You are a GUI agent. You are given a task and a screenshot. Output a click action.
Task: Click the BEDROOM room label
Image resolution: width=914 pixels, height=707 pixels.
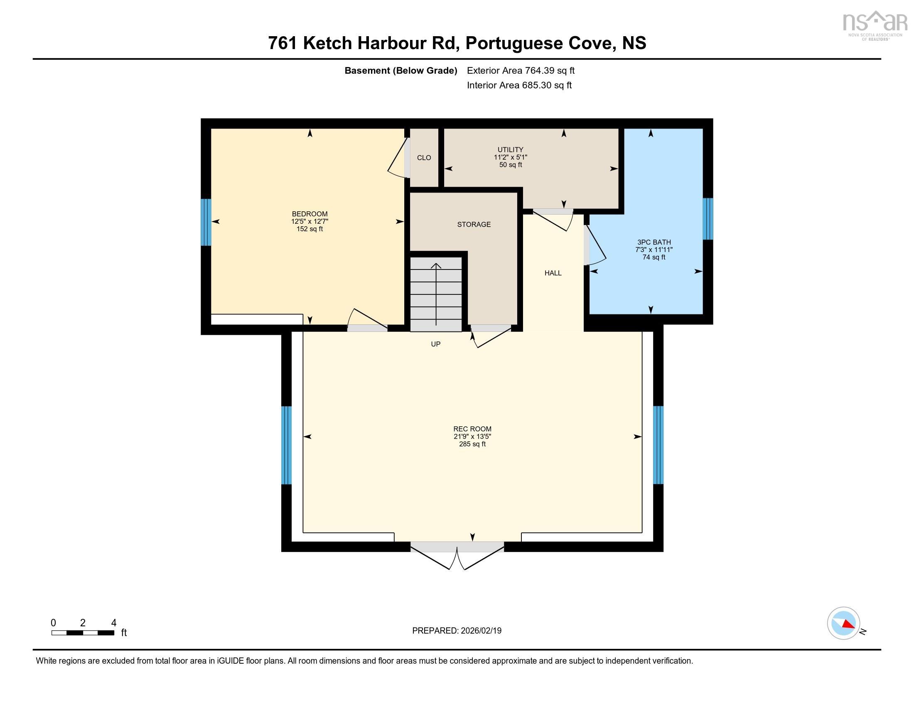[309, 214]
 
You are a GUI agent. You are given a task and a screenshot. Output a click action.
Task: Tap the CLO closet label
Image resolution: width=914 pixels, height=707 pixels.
[423, 158]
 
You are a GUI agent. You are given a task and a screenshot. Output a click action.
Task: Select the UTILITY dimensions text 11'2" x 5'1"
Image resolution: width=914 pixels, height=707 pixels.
[510, 158]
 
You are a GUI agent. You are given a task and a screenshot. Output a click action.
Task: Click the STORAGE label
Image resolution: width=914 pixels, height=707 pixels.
[473, 225]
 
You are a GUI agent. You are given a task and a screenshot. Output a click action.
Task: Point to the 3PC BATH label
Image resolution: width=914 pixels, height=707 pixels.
[654, 242]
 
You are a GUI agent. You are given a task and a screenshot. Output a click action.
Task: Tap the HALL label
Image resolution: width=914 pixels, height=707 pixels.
[553, 273]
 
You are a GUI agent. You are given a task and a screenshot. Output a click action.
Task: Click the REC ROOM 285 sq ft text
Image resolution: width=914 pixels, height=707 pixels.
[472, 444]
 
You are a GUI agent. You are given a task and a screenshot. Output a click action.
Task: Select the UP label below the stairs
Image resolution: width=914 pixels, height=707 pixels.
[435, 344]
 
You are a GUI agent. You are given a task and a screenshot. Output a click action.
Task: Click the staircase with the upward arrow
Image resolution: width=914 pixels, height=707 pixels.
[436, 293]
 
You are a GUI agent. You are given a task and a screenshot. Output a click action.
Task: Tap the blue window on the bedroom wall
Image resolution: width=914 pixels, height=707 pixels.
[206, 222]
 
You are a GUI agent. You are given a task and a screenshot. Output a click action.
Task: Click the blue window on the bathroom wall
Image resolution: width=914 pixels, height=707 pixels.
[707, 219]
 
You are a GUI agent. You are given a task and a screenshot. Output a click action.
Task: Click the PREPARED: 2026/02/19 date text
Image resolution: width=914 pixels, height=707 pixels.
[457, 631]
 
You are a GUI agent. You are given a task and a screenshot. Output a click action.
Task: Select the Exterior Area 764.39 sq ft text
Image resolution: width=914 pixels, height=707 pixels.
[520, 70]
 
